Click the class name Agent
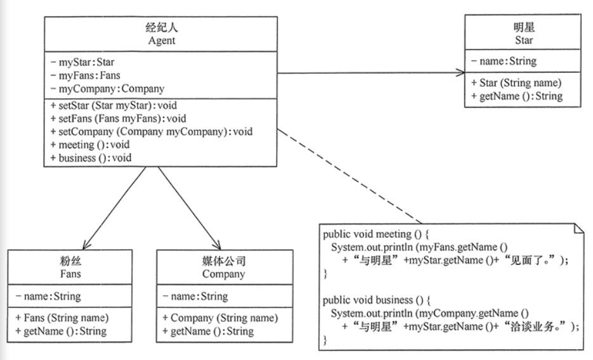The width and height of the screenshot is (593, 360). tap(160, 41)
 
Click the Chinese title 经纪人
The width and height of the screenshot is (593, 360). tap(160, 29)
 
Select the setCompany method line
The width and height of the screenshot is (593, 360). tap(151, 132)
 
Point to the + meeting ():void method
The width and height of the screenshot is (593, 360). tap(93, 145)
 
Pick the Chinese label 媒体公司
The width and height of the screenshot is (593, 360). tap(223, 262)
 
